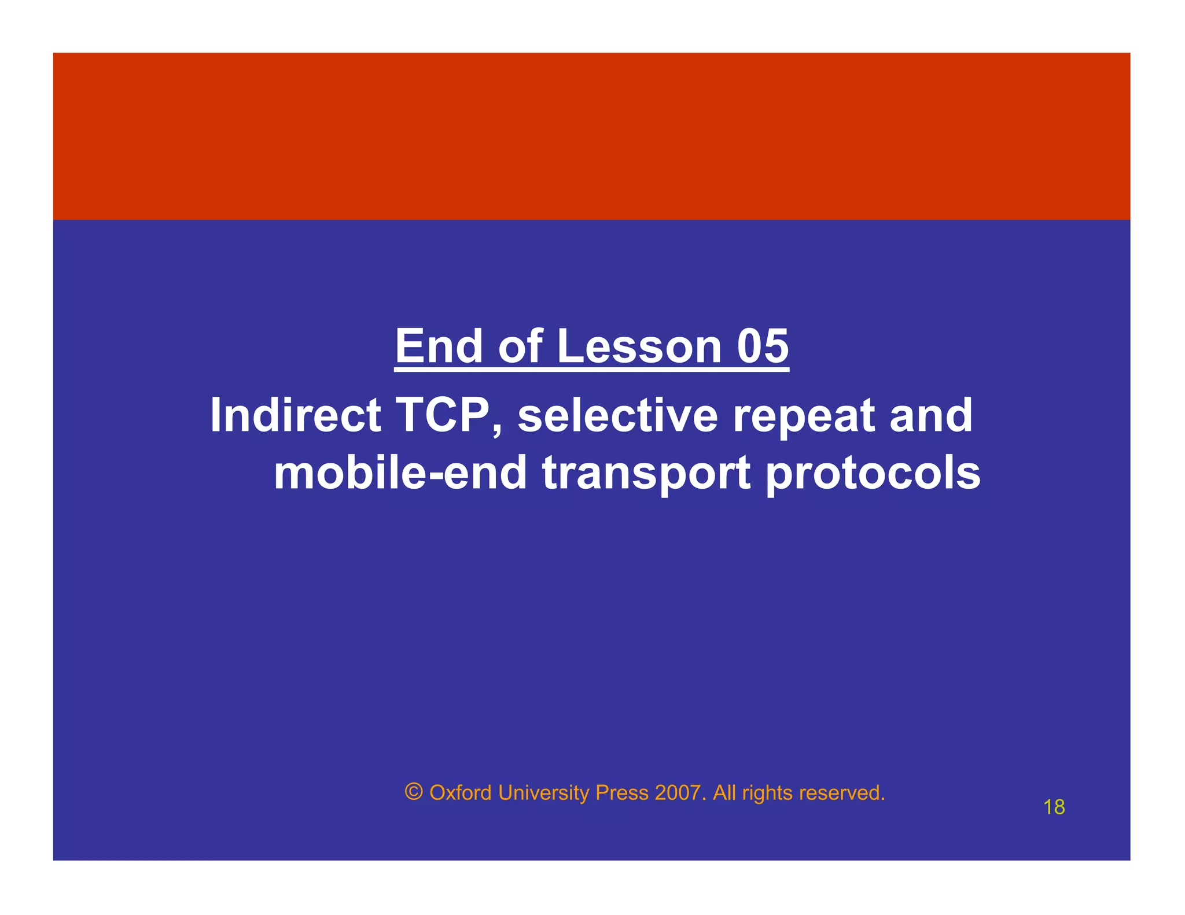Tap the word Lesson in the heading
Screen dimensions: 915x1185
point(639,346)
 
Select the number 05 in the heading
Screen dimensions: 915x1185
point(763,346)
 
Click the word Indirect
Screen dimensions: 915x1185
point(295,415)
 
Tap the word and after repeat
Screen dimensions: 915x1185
point(931,415)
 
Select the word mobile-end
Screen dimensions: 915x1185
point(400,473)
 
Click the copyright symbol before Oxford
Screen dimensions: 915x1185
point(414,792)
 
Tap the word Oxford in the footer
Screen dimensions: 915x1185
point(461,793)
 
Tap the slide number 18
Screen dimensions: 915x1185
point(1054,807)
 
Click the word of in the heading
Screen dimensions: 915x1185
point(520,346)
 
